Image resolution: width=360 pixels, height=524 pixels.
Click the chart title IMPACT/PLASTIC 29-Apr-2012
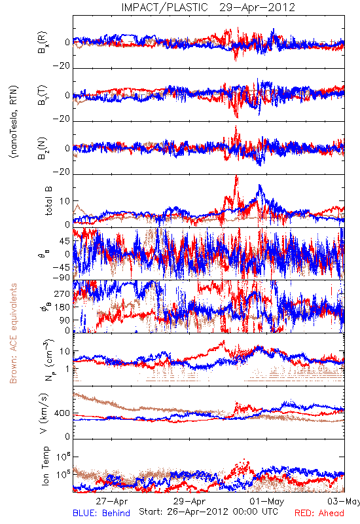(x=208, y=7)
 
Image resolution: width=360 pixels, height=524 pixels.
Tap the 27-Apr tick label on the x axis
(x=112, y=501)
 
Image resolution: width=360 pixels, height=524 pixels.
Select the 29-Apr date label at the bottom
(x=189, y=501)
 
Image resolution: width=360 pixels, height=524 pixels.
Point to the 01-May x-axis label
(x=267, y=501)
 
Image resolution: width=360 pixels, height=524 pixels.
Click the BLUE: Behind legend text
(x=101, y=513)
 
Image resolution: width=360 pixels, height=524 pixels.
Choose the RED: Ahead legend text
(x=319, y=513)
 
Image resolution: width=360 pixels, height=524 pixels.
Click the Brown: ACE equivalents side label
(x=13, y=333)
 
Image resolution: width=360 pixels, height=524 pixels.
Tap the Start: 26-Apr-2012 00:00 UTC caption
(x=208, y=512)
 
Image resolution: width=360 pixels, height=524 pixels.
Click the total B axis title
(x=48, y=201)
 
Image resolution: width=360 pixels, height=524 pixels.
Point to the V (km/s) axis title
(x=45, y=413)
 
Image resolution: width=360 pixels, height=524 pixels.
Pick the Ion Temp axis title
(x=45, y=466)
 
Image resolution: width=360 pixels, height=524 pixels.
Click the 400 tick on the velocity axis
(x=62, y=413)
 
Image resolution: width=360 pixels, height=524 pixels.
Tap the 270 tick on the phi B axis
(x=62, y=294)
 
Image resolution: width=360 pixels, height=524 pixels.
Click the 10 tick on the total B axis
(x=65, y=201)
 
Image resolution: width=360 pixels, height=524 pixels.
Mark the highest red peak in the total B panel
(x=237, y=176)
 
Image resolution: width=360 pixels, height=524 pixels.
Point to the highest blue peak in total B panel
(x=259, y=185)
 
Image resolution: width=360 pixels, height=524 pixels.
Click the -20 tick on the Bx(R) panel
(x=62, y=66)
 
